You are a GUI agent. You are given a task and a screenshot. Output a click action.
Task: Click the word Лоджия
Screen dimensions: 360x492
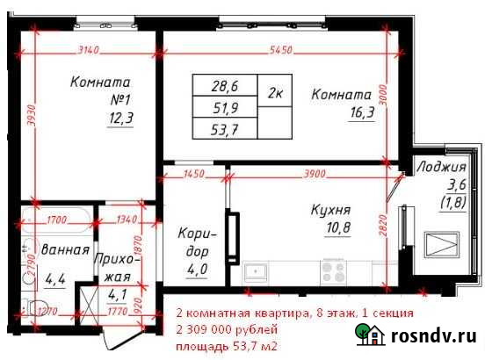[x=442, y=167]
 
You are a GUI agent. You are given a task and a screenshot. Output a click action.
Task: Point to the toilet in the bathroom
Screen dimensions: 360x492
[x=36, y=307]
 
